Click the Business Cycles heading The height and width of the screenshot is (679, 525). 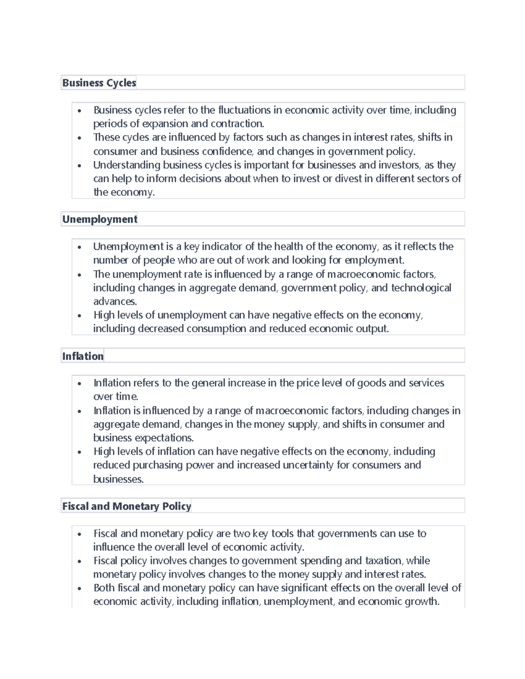click(99, 83)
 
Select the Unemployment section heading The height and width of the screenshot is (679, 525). click(100, 219)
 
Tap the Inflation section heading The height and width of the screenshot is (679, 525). click(83, 356)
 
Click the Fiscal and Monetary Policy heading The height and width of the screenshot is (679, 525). click(126, 506)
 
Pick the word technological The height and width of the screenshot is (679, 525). click(421, 288)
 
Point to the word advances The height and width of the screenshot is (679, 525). click(115, 301)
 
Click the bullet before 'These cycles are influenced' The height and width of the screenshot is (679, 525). click(79, 138)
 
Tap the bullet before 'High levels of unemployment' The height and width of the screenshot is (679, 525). click(79, 316)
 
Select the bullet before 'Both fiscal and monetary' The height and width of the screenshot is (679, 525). click(79, 588)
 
